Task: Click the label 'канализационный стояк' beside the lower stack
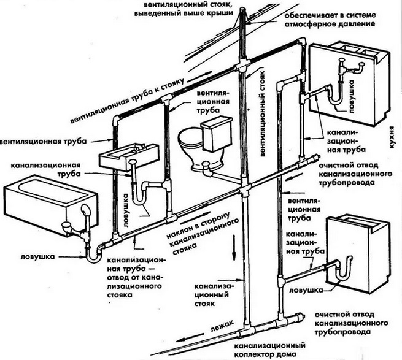[x=212, y=294]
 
